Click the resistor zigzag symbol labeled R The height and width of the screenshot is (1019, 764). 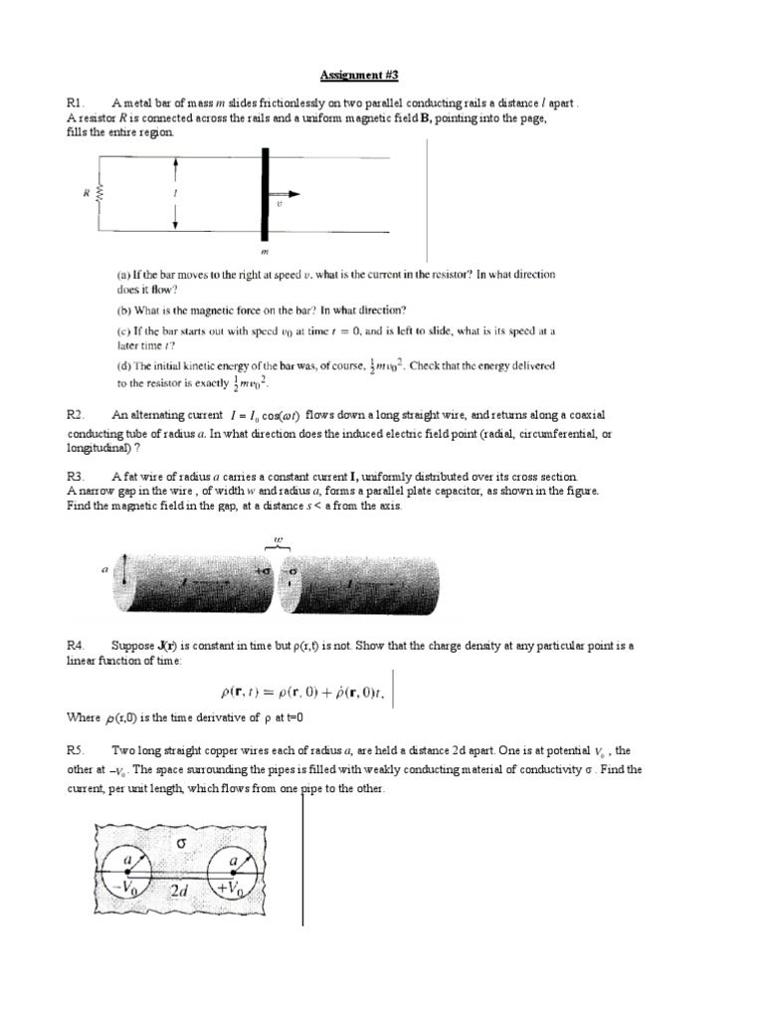point(99,195)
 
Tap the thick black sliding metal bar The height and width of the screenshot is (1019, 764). point(265,195)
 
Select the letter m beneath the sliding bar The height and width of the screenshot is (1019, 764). point(265,251)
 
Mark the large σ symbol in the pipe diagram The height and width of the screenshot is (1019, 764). point(181,844)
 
